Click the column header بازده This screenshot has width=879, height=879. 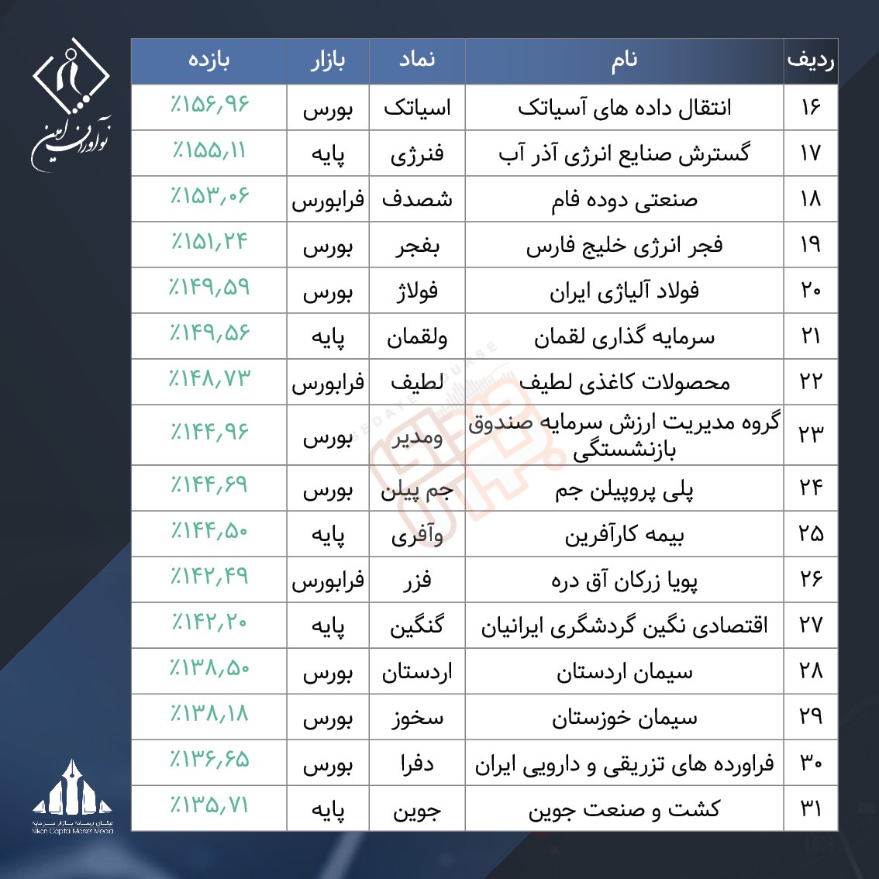pyautogui.click(x=209, y=61)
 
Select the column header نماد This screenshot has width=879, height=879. pyautogui.click(x=417, y=61)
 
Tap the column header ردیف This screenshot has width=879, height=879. pyautogui.click(x=810, y=61)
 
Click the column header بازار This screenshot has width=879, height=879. pyautogui.click(x=328, y=61)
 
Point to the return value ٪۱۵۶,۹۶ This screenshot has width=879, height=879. pyautogui.click(x=209, y=105)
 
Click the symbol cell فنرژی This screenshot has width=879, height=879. pyautogui.click(x=417, y=153)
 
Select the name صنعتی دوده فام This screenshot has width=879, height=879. pyautogui.click(x=624, y=200)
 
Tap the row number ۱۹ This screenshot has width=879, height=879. pyautogui.click(x=810, y=245)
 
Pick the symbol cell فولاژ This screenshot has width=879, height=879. pyautogui.click(x=417, y=291)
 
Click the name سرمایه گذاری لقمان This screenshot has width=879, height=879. pyautogui.click(x=624, y=337)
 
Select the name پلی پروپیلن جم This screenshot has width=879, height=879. pyautogui.click(x=624, y=490)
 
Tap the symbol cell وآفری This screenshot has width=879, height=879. pyautogui.click(x=417, y=535)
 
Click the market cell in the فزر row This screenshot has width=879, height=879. pyautogui.click(x=328, y=581)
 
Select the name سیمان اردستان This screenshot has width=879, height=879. pyautogui.click(x=624, y=673)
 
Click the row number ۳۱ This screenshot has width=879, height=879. pyautogui.click(x=810, y=809)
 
